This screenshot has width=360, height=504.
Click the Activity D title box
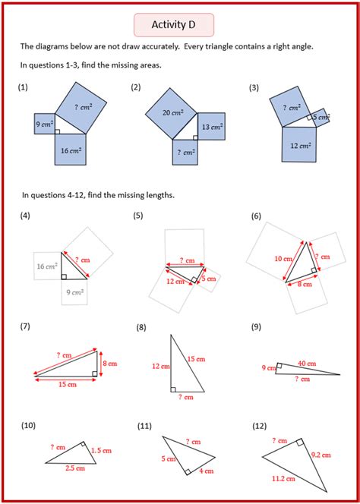180,25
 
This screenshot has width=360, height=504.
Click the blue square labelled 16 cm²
73,150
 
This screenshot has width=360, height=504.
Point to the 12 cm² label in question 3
298,144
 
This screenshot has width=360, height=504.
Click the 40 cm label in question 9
308,362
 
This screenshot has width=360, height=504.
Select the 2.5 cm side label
74,469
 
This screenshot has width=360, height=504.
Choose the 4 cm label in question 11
207,471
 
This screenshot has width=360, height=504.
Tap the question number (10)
28,426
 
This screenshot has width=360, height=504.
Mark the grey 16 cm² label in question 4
47,266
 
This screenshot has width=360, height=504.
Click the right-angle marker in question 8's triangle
174,389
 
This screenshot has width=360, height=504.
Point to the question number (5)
137,216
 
